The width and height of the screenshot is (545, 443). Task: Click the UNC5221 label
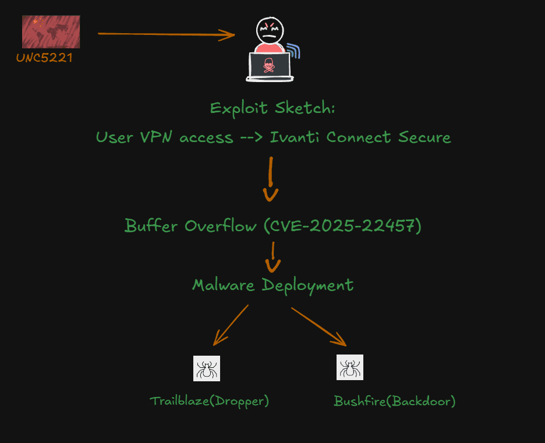pyautogui.click(x=44, y=58)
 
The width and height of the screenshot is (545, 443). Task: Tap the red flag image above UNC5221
pyautogui.click(x=51, y=32)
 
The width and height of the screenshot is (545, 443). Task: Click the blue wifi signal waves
pyautogui.click(x=295, y=51)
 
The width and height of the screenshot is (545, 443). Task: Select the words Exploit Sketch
pyautogui.click(x=272, y=108)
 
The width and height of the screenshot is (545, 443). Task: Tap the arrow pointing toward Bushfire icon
pyautogui.click(x=318, y=326)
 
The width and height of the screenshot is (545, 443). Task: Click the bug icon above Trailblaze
pyautogui.click(x=207, y=368)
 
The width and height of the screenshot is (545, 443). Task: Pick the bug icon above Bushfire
pyautogui.click(x=350, y=367)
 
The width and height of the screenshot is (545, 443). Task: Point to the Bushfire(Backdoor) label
pyautogui.click(x=394, y=401)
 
